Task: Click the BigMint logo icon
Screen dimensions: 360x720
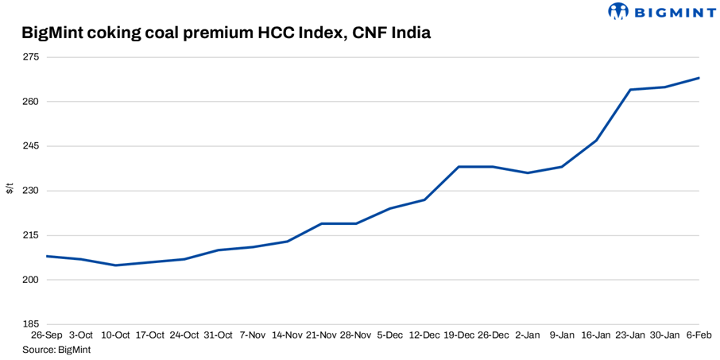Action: point(618,11)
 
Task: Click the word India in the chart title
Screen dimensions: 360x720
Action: point(406,33)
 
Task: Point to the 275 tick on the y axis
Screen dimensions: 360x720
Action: point(30,57)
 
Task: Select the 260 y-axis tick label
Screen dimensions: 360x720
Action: point(30,102)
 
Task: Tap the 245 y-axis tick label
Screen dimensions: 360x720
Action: point(30,146)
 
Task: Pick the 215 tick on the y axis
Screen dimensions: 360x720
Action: point(30,235)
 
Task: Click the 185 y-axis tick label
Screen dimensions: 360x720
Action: point(30,324)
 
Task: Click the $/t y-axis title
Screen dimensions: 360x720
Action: point(10,189)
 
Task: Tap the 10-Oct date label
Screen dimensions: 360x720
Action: point(115,335)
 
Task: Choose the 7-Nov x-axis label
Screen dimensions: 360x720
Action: point(253,335)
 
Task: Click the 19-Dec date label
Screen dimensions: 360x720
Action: point(459,335)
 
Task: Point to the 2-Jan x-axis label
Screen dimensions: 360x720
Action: point(528,335)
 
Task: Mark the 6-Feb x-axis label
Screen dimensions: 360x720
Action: point(699,335)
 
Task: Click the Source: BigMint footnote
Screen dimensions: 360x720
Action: point(56,349)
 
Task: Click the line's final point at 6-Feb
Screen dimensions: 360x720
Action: point(699,78)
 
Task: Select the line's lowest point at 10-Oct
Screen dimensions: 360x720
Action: point(115,265)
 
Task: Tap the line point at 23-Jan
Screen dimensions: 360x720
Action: point(630,90)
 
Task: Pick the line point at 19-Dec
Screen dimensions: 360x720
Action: point(459,167)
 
